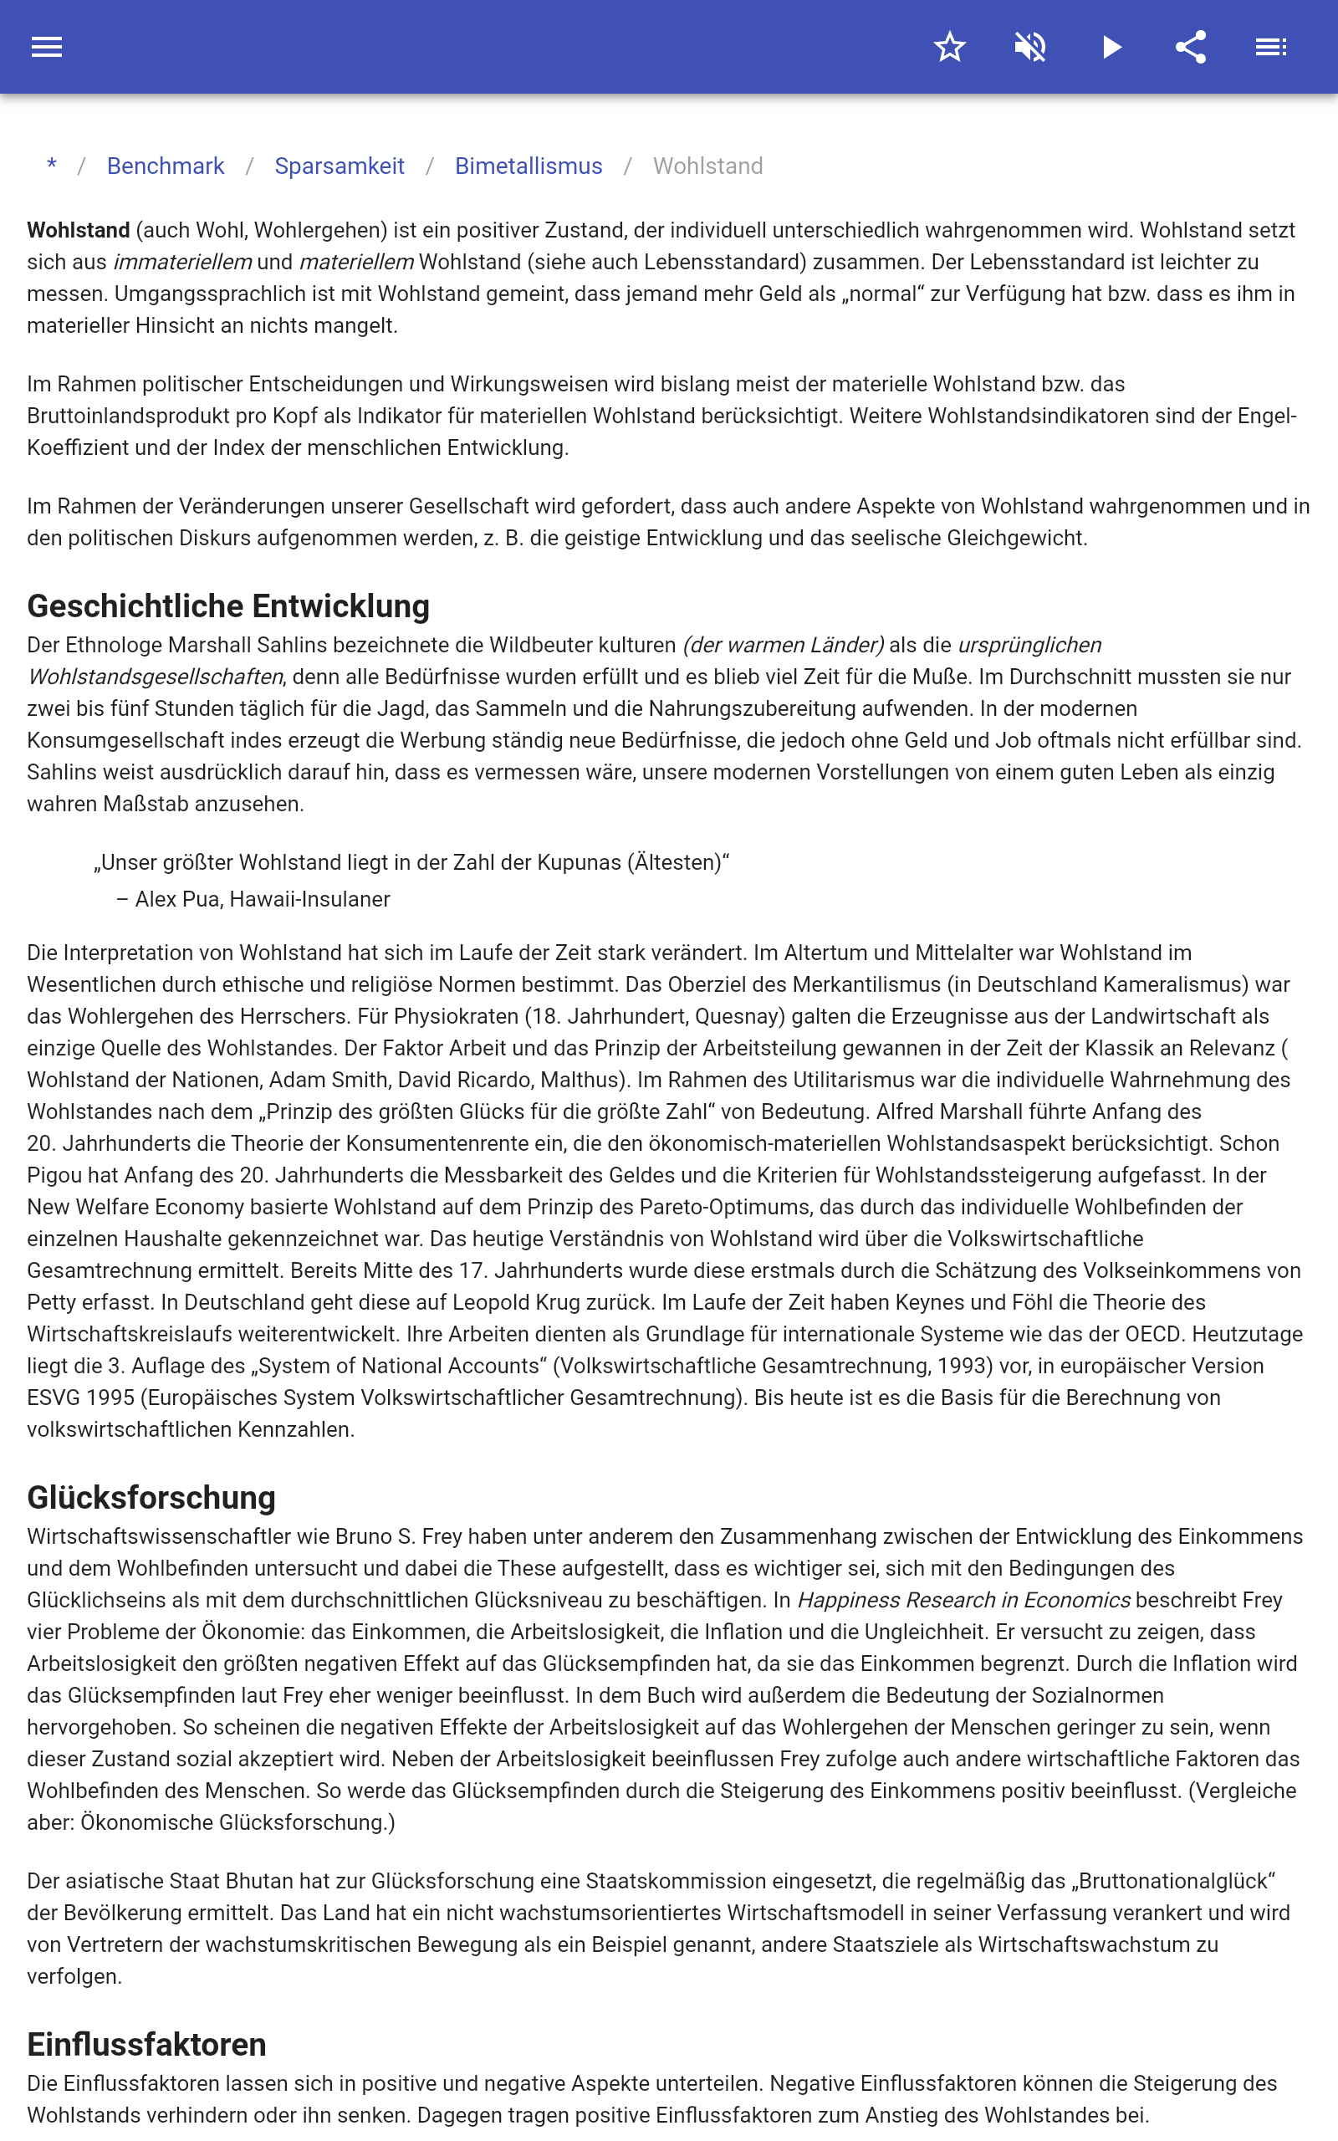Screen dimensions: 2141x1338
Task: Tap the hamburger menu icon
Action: pos(47,47)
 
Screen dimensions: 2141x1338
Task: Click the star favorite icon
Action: pos(949,47)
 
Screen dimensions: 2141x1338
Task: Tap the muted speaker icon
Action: pos(1030,47)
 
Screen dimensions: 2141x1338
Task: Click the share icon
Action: pos(1191,47)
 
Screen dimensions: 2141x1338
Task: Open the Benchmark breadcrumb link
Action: pos(166,166)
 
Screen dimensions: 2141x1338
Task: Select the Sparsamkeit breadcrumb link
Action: pos(339,166)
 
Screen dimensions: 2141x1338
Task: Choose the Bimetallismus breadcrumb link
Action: pos(529,166)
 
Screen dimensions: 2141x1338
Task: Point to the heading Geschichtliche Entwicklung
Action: pos(228,606)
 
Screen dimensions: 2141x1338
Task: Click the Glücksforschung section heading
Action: pos(151,1497)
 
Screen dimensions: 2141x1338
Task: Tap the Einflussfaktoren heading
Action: pos(147,2045)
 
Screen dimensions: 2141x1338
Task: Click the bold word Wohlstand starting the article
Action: pos(79,231)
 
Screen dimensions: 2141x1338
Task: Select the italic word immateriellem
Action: pos(182,263)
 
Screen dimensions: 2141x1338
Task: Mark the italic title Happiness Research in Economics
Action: pos(963,1601)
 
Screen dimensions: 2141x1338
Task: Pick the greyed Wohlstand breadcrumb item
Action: pos(708,166)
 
